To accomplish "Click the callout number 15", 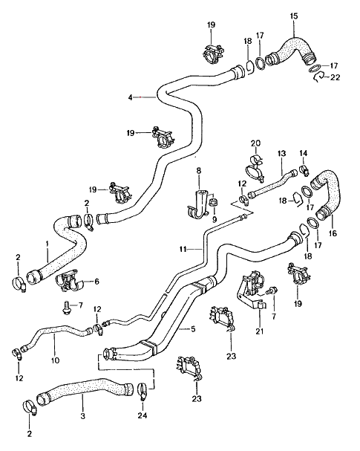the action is [294, 16].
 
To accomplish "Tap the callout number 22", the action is [335, 77].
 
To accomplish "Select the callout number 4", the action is [130, 98].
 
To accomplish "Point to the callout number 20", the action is [255, 143].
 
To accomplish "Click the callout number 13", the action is [281, 153].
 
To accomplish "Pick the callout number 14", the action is [304, 153].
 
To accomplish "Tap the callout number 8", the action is [199, 171].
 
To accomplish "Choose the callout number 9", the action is [215, 220].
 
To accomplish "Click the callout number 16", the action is [333, 233].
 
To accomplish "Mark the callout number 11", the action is [183, 249].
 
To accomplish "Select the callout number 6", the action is [96, 282].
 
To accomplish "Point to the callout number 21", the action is [260, 331].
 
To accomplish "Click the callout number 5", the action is [193, 328].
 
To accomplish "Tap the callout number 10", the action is [55, 360].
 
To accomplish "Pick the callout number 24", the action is [143, 415].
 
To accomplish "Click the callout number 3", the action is [82, 416].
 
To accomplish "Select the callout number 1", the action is [47, 244].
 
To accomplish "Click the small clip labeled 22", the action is [318, 77].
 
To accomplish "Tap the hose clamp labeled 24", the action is [143, 390].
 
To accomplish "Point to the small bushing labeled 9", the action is [213, 201].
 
